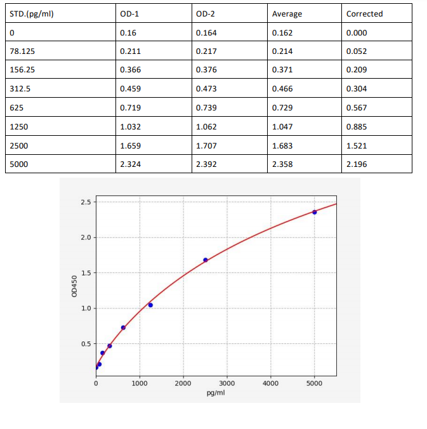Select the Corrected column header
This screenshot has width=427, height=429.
pyautogui.click(x=365, y=13)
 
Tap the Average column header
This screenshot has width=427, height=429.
pyautogui.click(x=287, y=13)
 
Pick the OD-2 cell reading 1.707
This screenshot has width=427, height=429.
pyautogui.click(x=206, y=146)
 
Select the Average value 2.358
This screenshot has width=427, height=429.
pyautogui.click(x=282, y=165)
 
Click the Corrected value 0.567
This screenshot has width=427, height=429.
pyautogui.click(x=357, y=108)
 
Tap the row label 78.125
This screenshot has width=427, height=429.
pyautogui.click(x=23, y=51)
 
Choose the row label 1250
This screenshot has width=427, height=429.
pyautogui.click(x=19, y=127)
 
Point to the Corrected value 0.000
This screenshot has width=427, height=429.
pyautogui.click(x=357, y=32)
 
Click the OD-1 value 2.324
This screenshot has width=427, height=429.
pyautogui.click(x=130, y=165)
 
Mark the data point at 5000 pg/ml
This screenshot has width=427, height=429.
pyautogui.click(x=315, y=212)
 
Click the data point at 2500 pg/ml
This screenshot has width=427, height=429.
pyautogui.click(x=206, y=260)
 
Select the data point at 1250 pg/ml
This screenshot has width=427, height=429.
pyautogui.click(x=150, y=305)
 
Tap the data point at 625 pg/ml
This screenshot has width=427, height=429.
pyautogui.click(x=123, y=327)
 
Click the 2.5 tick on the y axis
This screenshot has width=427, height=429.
pyautogui.click(x=86, y=202)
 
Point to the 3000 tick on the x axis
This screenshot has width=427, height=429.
pyautogui.click(x=227, y=384)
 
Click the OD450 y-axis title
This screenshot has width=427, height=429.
pyautogui.click(x=74, y=287)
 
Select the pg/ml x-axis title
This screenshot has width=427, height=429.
pyautogui.click(x=216, y=393)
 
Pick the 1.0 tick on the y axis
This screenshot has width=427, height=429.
pyautogui.click(x=86, y=308)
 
